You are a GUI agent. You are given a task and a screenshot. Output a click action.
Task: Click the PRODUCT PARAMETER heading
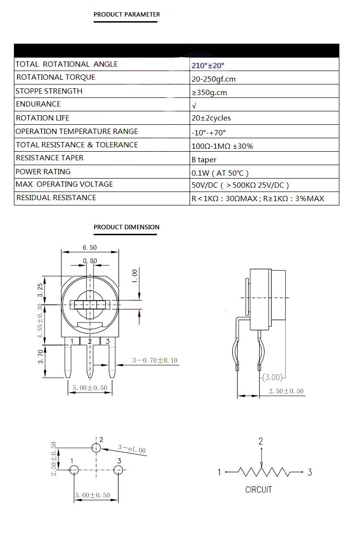127,14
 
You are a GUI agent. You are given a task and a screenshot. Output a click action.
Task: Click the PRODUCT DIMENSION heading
126,227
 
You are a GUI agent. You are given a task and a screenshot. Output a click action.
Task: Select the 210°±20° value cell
208,65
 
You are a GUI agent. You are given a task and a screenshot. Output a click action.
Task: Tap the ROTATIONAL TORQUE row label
56,77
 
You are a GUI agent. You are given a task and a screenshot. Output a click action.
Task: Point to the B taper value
204,159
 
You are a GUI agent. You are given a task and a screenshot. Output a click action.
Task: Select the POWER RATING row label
43,172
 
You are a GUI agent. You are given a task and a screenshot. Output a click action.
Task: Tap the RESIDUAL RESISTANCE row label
56,198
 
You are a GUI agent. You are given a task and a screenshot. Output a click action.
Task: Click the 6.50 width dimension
90,247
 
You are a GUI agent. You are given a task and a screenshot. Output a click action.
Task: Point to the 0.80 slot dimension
90,261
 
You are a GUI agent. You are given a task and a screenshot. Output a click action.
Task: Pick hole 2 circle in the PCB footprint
96,447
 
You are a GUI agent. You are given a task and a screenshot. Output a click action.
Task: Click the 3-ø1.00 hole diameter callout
132,450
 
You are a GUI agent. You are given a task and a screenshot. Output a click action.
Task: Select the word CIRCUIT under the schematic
258,490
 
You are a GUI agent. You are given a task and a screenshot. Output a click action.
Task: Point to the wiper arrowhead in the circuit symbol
261,464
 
